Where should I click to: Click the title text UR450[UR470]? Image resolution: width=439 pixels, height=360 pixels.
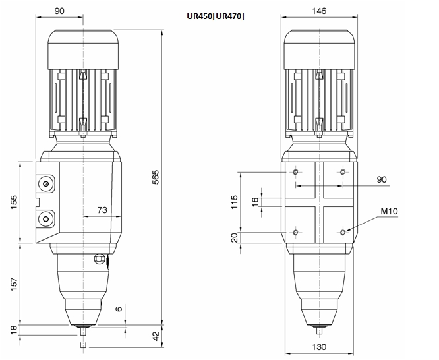pyautogui.click(x=216, y=16)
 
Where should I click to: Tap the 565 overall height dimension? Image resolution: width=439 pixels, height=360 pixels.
pyautogui.click(x=155, y=177)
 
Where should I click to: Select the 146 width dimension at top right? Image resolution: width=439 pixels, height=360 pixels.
pyautogui.click(x=319, y=11)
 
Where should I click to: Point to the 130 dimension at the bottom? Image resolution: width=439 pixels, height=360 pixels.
pyautogui.click(x=319, y=347)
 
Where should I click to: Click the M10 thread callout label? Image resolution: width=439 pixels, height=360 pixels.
pyautogui.click(x=389, y=211)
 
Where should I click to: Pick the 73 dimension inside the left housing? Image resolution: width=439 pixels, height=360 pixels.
pyautogui.click(x=102, y=210)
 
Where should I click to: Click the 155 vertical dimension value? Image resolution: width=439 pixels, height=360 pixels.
pyautogui.click(x=13, y=202)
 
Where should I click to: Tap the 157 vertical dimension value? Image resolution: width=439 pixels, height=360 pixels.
pyautogui.click(x=13, y=284)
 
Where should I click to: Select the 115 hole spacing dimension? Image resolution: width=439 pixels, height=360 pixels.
pyautogui.click(x=234, y=202)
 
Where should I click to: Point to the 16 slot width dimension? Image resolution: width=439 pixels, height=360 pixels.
pyautogui.click(x=255, y=202)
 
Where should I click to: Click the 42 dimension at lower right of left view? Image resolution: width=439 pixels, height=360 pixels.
pyautogui.click(x=156, y=336)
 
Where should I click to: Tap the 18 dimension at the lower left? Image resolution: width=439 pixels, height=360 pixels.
pyautogui.click(x=13, y=330)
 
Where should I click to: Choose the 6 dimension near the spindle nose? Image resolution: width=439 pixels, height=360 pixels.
pyautogui.click(x=119, y=309)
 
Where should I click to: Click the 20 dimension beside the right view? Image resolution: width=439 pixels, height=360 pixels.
pyautogui.click(x=235, y=237)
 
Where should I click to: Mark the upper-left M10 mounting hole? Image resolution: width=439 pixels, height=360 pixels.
pyautogui.click(x=296, y=172)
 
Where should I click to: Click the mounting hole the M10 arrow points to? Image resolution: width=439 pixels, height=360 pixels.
pyautogui.click(x=343, y=232)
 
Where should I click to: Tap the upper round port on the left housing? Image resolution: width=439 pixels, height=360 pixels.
pyautogui.click(x=46, y=184)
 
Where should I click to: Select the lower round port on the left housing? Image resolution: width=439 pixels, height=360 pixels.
pyautogui.click(x=46, y=218)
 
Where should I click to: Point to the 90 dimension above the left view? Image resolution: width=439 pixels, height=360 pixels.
pyautogui.click(x=59, y=11)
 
